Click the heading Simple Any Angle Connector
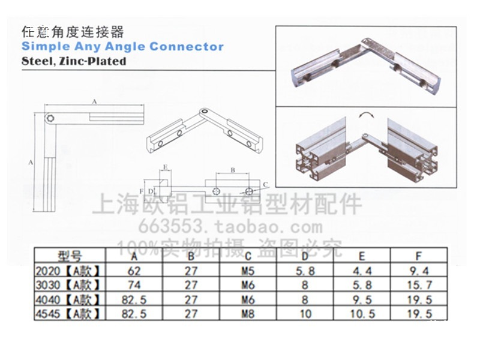coord(122,47)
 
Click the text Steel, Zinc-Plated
coord(74,61)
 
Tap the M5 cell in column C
coord(247,271)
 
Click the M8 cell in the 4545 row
coord(247,313)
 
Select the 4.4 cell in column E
coord(362,271)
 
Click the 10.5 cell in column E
coord(362,313)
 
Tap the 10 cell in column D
coord(305,313)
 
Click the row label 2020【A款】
coord(68,271)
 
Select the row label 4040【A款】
coord(68,299)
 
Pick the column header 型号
coord(70,256)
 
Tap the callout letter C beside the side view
coord(265,184)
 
